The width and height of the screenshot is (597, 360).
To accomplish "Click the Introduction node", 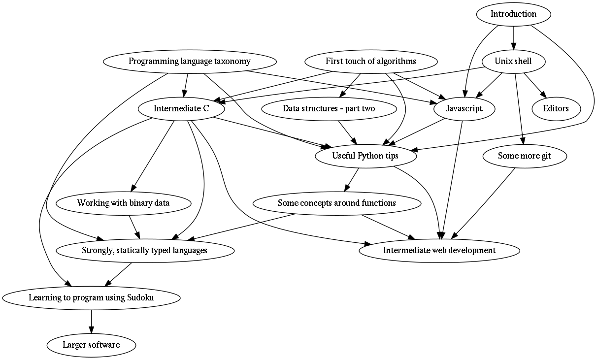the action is pyautogui.click(x=514, y=14).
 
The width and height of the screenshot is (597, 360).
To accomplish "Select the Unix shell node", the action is pyautogui.click(x=514, y=62).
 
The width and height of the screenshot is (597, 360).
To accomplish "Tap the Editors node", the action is pyautogui.click(x=556, y=109).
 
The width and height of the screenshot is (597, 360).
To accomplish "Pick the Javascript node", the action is pyautogui.click(x=464, y=109).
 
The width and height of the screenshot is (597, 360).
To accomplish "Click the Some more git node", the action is pyautogui.click(x=525, y=156).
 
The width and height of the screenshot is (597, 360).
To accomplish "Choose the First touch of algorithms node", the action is pyautogui.click(x=371, y=62).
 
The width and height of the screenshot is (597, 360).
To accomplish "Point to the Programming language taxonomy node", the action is pyautogui.click(x=190, y=62).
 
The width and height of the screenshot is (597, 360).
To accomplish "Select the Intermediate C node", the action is pyautogui.click(x=181, y=109).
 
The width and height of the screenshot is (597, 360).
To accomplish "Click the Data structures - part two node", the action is pyautogui.click(x=329, y=109).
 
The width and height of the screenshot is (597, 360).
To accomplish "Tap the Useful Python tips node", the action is pyautogui.click(x=365, y=156).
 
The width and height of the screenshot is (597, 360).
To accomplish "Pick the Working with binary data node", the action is pyautogui.click(x=124, y=203).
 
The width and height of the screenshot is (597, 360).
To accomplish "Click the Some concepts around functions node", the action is pyautogui.click(x=337, y=203).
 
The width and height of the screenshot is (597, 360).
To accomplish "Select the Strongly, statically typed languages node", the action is pyautogui.click(x=145, y=251).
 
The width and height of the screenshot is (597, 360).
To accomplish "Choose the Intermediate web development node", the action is pyautogui.click(x=439, y=251).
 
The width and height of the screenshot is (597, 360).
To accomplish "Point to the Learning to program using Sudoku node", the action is pyautogui.click(x=92, y=297).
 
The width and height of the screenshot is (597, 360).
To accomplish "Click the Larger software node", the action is pyautogui.click(x=92, y=345).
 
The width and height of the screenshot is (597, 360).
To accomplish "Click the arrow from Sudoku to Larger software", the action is pyautogui.click(x=92, y=322).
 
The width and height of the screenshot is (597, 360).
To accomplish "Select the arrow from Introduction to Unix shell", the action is pyautogui.click(x=514, y=38).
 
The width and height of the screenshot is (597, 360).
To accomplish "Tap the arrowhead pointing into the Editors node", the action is pyautogui.click(x=543, y=95).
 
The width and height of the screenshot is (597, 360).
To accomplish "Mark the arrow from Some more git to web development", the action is pyautogui.click(x=483, y=203).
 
